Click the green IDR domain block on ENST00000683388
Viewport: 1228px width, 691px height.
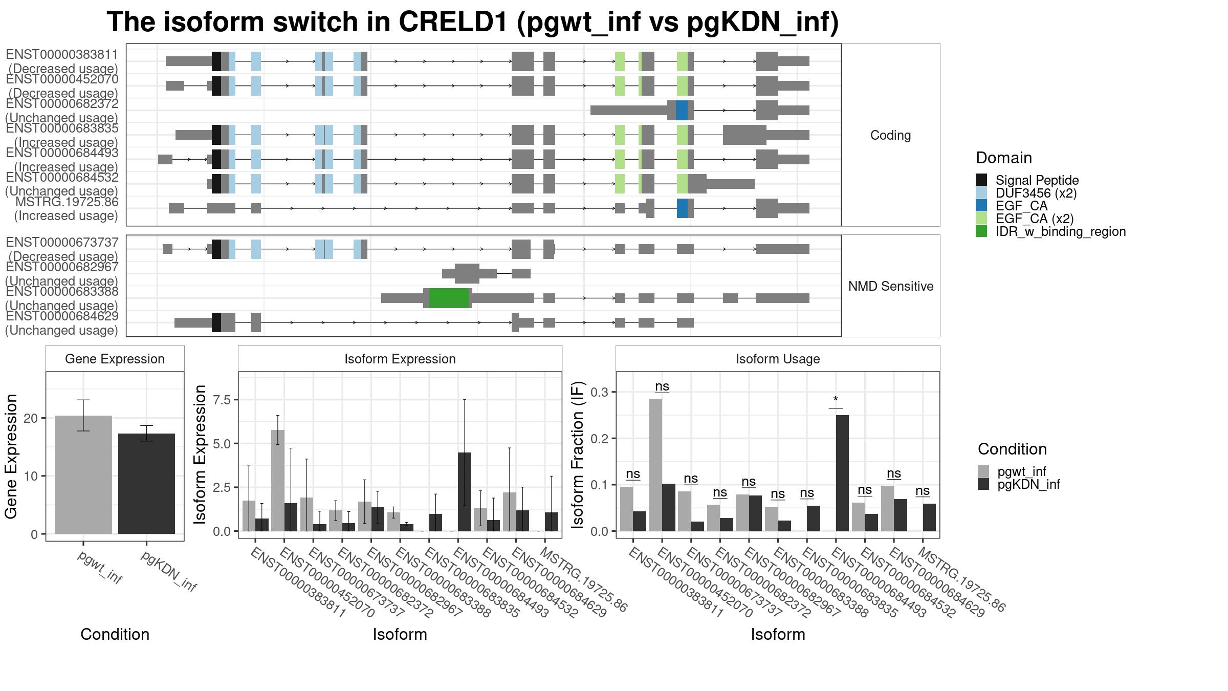point(449,298)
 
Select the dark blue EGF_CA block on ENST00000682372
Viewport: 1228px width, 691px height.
point(682,111)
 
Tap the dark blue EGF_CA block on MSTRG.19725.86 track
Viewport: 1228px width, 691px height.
point(682,208)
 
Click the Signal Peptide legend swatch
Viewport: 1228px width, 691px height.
point(981,180)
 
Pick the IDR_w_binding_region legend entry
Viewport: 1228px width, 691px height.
point(1051,231)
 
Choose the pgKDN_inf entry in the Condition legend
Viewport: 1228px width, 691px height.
point(1019,484)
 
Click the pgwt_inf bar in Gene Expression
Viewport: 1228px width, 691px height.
point(83,474)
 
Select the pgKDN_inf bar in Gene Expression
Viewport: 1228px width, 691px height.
point(146,484)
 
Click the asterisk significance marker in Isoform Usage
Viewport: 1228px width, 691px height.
point(836,400)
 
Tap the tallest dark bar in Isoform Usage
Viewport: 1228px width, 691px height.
point(842,473)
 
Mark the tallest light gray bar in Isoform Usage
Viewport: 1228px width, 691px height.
point(655,465)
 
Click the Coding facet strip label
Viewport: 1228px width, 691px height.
point(890,135)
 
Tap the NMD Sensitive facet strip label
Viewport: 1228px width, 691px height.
point(891,286)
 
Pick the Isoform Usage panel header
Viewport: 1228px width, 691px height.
point(778,359)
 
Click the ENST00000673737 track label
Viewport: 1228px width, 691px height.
point(62,249)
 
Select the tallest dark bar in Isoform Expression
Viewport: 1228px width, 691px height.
point(465,492)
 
